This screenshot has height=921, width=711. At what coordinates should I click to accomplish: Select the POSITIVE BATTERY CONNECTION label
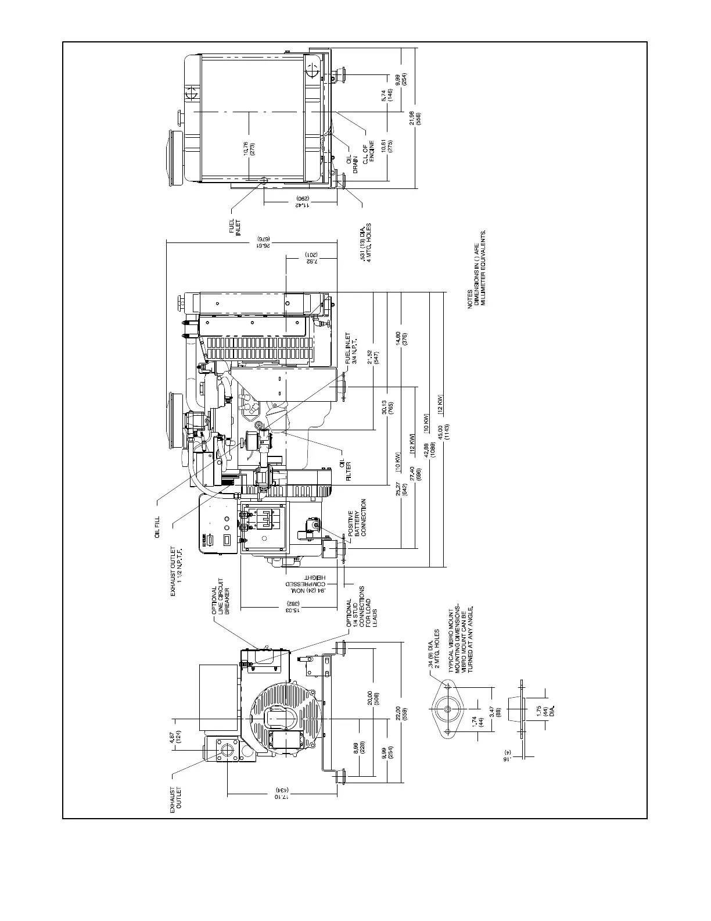pyautogui.click(x=355, y=517)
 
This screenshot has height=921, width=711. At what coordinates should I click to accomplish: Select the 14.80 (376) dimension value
pyautogui.click(x=401, y=338)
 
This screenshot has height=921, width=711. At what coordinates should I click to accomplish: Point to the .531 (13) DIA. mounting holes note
pyautogui.click(x=365, y=243)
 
